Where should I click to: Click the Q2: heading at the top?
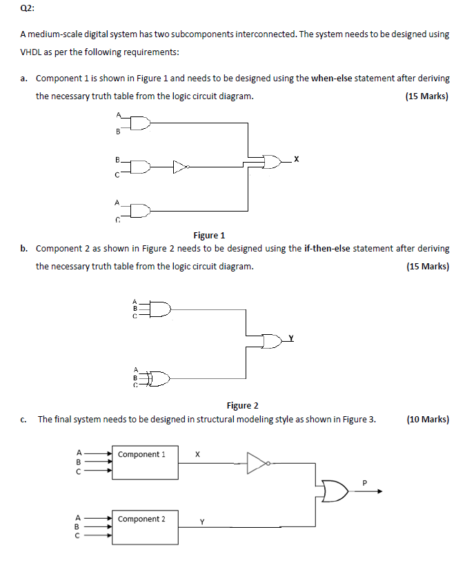point(27,9)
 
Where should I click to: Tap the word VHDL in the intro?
point(32,52)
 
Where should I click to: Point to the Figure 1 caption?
point(210,235)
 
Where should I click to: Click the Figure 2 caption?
point(242,405)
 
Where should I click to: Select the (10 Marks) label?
point(428,419)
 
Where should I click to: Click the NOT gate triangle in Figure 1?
point(180,165)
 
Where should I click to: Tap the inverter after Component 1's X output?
point(257,463)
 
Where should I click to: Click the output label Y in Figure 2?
point(291,337)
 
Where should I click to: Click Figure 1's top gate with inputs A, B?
point(139,123)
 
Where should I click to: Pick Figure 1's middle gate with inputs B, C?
point(139,166)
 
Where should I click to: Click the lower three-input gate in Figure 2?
point(159,378)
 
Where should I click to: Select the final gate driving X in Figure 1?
point(272,162)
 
